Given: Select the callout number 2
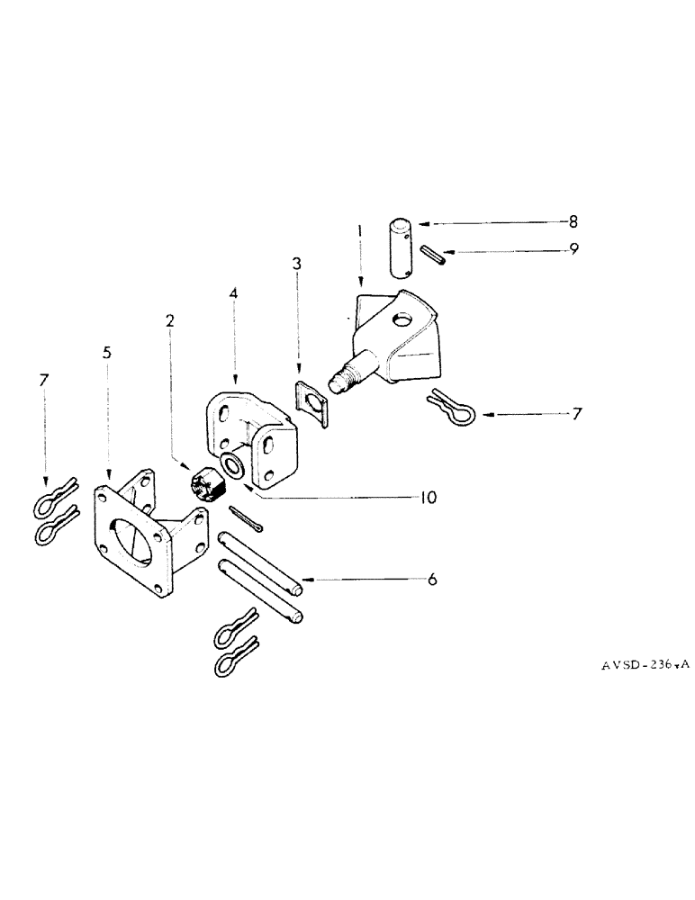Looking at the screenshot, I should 170,319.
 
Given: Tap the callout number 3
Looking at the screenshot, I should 296,265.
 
